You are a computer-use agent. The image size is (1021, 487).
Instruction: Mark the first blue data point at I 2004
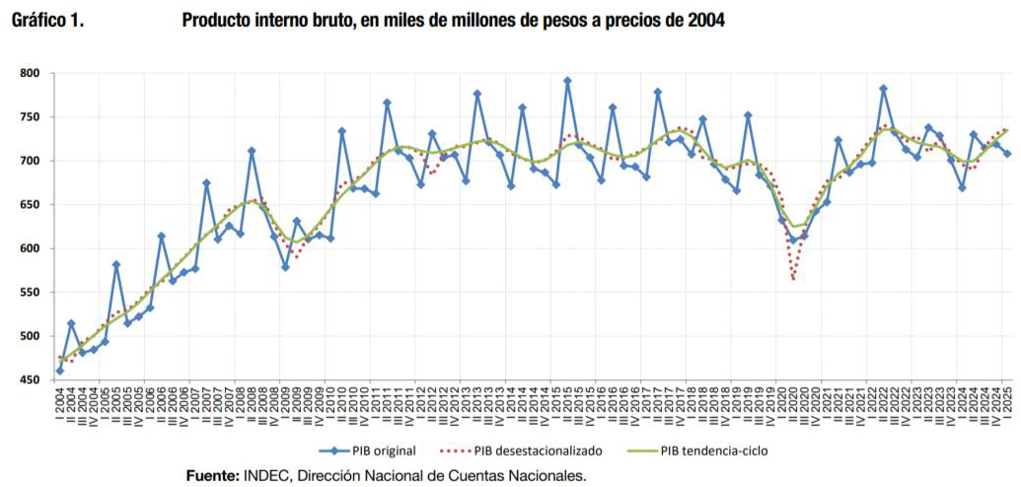pos(60,371)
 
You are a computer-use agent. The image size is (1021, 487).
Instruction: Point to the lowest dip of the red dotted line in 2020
pos(793,279)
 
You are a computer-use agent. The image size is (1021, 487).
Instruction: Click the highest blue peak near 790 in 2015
pos(567,81)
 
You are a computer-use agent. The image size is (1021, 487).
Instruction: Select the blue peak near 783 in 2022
pos(883,88)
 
